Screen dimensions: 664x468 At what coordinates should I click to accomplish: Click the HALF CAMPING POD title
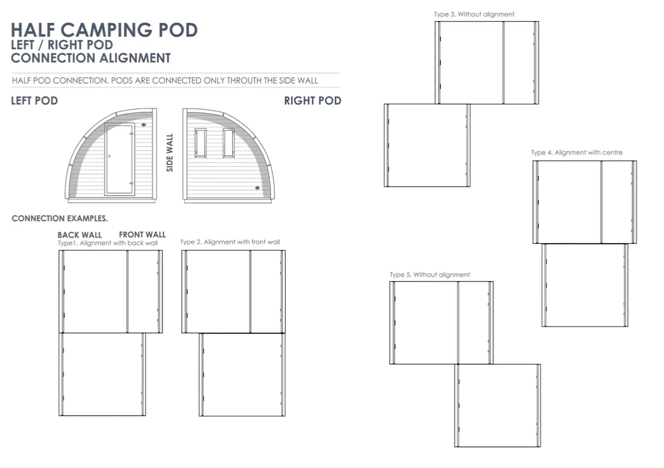point(104,30)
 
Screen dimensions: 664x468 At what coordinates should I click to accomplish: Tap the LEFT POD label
point(34,101)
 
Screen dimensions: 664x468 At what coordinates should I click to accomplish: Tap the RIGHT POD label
point(313,101)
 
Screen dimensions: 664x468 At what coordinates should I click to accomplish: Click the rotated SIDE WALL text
point(170,153)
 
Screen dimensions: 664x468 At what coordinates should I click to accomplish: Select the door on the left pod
point(120,159)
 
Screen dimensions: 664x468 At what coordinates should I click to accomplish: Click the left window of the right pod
point(200,143)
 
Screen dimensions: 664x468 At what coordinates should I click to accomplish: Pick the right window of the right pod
point(229,143)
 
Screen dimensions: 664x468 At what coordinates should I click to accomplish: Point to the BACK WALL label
point(80,235)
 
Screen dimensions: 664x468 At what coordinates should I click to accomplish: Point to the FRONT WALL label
point(142,235)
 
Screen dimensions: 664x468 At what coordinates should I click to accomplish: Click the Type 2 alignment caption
point(230,242)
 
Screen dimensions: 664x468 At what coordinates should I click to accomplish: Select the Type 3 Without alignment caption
point(474,14)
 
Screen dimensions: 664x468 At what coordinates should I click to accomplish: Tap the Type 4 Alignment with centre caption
point(577,152)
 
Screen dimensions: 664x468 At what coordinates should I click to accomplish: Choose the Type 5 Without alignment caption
point(430,275)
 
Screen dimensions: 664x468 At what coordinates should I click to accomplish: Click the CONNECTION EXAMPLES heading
point(60,218)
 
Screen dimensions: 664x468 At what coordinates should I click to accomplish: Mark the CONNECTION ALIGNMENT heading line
point(90,58)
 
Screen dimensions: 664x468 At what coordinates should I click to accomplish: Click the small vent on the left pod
point(144,125)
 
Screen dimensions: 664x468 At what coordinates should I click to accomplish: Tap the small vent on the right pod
point(257,188)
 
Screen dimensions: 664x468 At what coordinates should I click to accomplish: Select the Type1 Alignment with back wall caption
point(107,243)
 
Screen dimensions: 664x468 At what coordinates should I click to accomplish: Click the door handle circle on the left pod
point(109,156)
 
